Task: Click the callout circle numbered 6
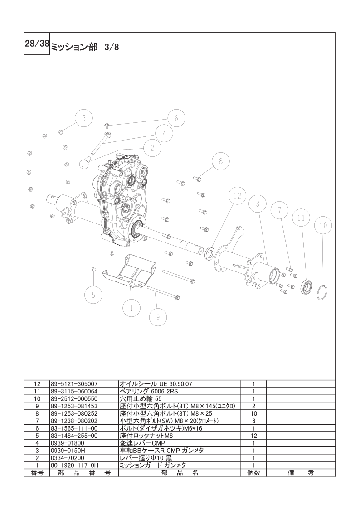[x=176, y=118]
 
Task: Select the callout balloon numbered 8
[x=220, y=161]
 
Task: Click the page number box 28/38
[x=36, y=44]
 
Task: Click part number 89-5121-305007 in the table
[x=73, y=383]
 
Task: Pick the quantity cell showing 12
[x=253, y=436]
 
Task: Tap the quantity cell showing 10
[x=253, y=413]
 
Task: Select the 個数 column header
[x=253, y=473]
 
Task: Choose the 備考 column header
[x=301, y=473]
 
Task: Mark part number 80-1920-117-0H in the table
[x=74, y=465]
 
